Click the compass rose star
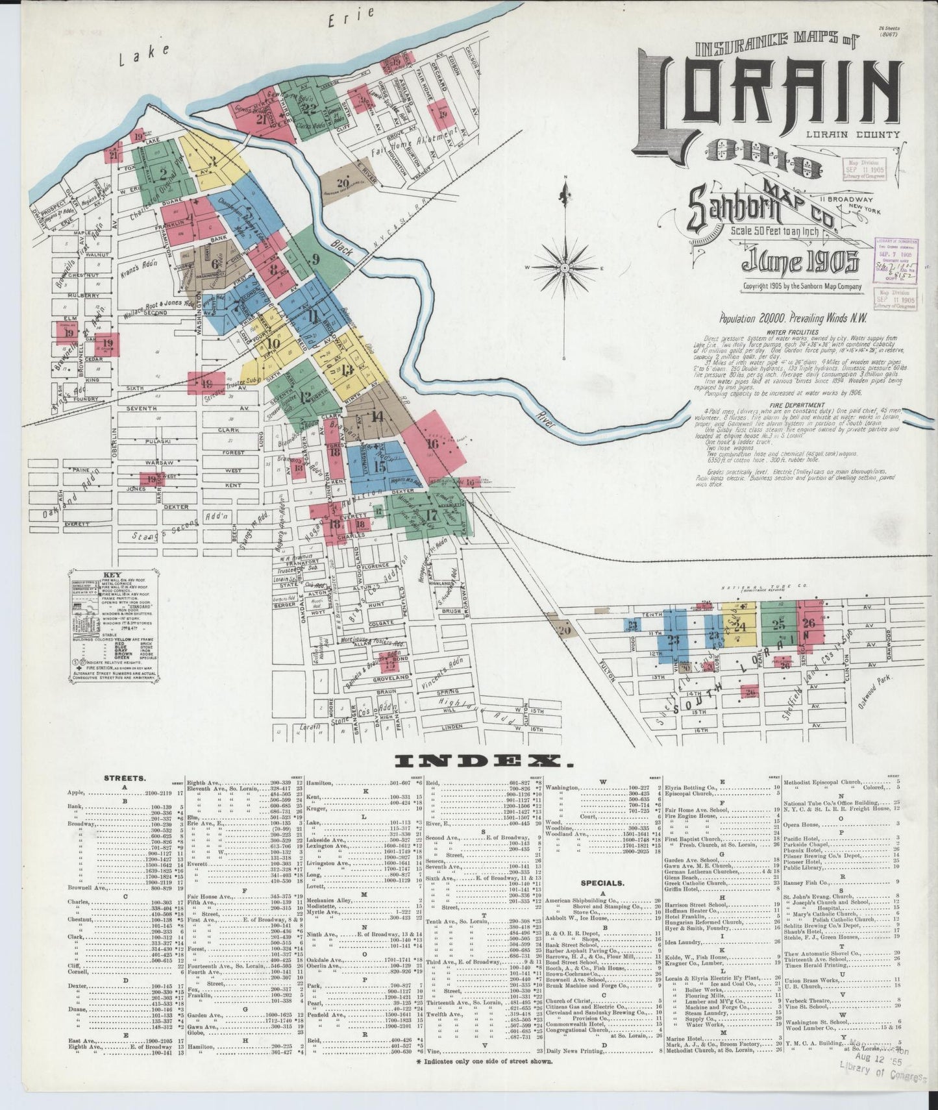point(565,268)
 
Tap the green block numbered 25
point(778,624)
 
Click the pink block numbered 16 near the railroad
point(433,445)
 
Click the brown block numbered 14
point(376,417)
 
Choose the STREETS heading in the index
point(124,776)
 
